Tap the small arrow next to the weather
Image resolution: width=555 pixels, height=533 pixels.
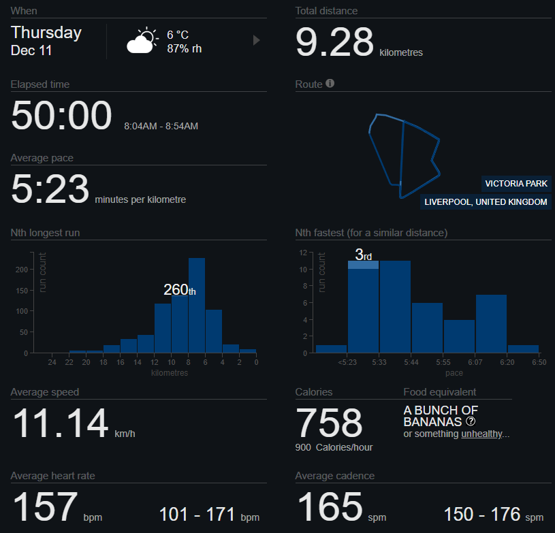point(256,40)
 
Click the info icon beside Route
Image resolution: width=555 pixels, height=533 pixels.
point(330,84)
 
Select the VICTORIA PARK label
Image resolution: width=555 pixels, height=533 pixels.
point(516,184)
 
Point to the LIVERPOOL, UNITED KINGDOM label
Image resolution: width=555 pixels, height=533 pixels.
point(485,202)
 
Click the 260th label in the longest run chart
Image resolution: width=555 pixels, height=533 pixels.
point(179,290)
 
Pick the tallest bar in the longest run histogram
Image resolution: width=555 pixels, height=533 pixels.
point(197,305)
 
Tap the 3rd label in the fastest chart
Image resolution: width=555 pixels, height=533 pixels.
point(363,255)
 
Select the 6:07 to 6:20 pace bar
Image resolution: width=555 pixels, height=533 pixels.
point(491,323)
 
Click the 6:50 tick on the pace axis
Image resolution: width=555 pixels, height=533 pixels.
point(539,363)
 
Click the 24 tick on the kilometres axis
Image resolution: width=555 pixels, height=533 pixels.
point(52,363)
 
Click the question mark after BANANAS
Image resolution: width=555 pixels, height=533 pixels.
point(470,421)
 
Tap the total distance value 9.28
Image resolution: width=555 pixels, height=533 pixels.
point(334,42)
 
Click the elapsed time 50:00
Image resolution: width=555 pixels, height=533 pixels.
point(61,116)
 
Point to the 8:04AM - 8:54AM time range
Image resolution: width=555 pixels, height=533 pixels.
point(161,127)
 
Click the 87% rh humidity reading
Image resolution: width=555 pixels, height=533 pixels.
point(184,48)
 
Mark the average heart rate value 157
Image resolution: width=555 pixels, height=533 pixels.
point(45,507)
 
